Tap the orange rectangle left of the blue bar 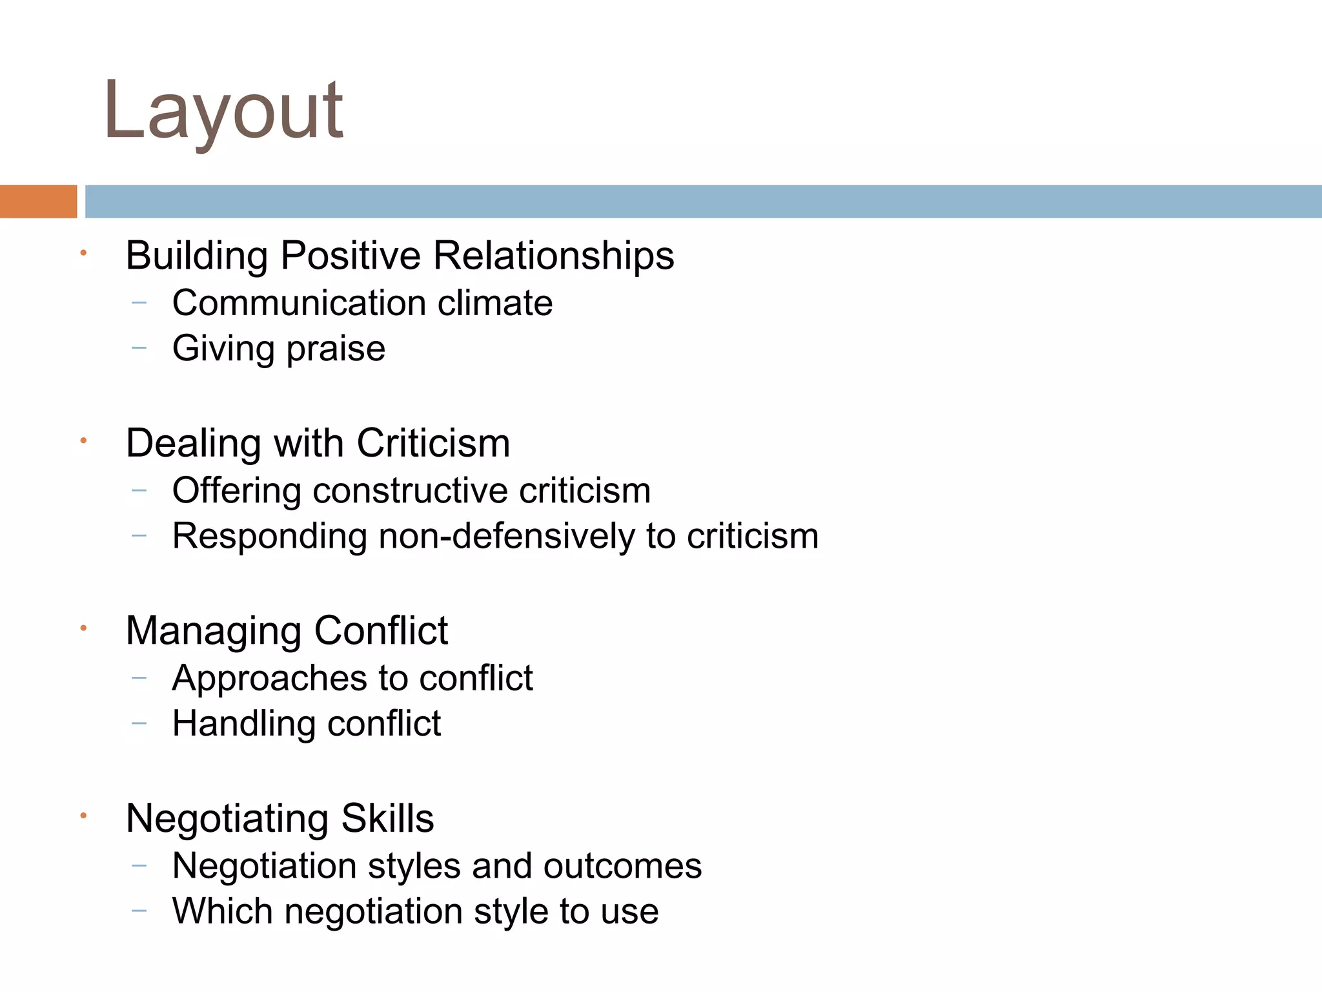[x=38, y=201]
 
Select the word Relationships [x=553, y=256]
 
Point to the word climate [x=494, y=303]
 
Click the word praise [x=336, y=349]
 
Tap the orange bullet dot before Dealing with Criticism [x=83, y=441]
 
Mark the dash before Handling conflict [x=139, y=723]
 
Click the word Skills [x=387, y=818]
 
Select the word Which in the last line [x=222, y=911]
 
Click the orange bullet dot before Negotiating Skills [x=83, y=816]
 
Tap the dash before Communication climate [x=139, y=302]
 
